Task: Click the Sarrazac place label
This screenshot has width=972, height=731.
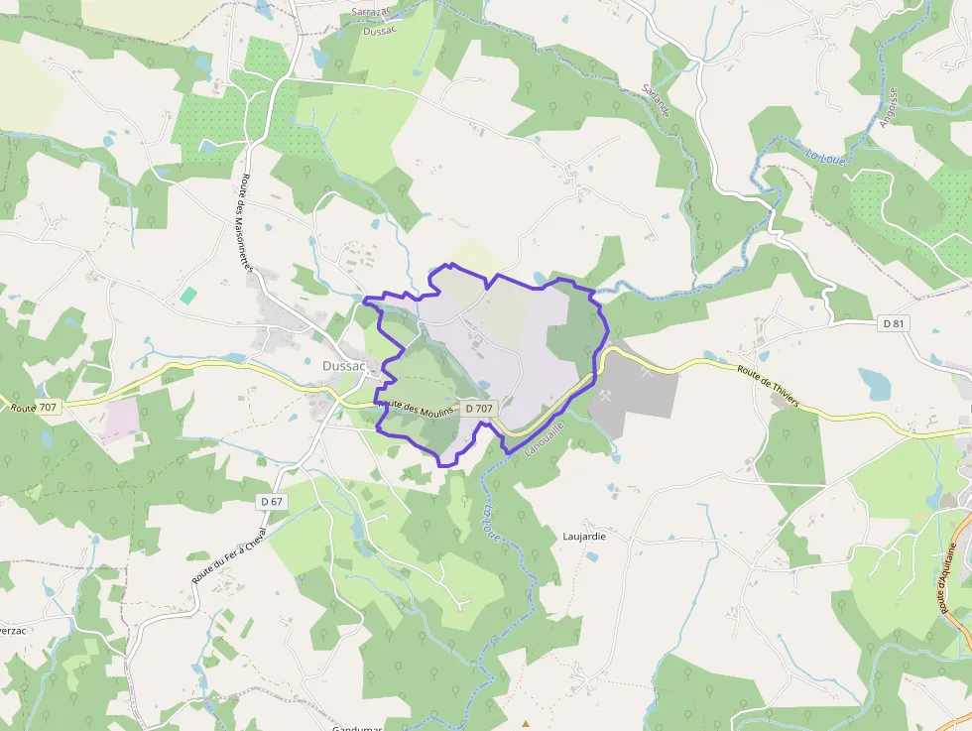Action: click(x=372, y=12)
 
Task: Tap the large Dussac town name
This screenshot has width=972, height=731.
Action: click(x=345, y=365)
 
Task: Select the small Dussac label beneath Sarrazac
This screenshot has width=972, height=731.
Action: click(x=380, y=30)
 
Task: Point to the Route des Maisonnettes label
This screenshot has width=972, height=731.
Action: click(x=248, y=223)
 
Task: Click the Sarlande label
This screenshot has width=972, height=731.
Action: click(x=656, y=100)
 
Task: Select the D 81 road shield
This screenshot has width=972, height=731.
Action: click(x=894, y=323)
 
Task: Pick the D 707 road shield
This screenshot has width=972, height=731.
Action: click(x=478, y=408)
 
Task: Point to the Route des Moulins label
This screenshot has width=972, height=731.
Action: click(x=417, y=407)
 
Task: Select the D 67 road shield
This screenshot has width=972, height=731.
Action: click(x=272, y=502)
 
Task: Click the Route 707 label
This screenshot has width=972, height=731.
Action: click(x=34, y=408)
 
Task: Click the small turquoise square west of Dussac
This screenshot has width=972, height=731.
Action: click(x=188, y=295)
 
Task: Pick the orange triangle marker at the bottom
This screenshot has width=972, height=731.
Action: click(x=526, y=723)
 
